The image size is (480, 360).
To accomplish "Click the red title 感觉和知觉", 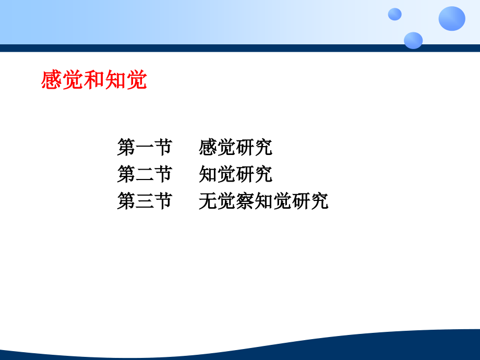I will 94,80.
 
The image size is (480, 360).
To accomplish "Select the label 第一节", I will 145,148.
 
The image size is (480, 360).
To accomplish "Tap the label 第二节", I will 145,175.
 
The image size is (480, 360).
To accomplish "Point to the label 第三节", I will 145,201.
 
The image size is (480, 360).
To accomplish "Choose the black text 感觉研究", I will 235,148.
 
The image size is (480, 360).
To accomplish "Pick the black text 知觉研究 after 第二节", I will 235,175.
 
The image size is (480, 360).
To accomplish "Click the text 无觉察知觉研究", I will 263,201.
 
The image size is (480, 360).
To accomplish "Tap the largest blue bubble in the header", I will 451,19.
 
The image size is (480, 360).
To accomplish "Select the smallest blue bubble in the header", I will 395,14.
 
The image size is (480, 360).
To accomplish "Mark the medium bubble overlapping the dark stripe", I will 413,40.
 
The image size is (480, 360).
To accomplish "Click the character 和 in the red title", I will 94,80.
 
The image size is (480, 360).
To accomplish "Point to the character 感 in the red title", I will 52,80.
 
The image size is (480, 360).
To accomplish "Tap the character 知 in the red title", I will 115,80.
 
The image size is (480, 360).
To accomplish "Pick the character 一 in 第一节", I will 145,148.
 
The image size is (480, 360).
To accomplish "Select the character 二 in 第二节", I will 145,175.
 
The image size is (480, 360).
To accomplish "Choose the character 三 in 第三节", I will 145,201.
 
